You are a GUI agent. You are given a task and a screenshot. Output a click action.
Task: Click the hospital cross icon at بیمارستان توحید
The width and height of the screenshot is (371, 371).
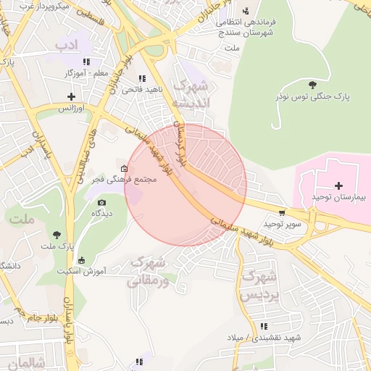coord(338,186)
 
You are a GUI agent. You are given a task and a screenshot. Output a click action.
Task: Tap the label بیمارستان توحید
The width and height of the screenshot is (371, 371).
coord(339,198)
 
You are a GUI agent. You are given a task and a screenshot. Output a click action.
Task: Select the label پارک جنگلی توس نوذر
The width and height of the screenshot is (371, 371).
coord(312,96)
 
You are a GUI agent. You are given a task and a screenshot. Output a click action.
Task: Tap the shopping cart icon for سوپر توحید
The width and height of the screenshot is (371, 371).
coord(281,213)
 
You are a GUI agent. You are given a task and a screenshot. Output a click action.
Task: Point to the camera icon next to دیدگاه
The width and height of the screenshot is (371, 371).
coord(101,202)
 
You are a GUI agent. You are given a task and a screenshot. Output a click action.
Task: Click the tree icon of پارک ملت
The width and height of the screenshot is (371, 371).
coord(57,234)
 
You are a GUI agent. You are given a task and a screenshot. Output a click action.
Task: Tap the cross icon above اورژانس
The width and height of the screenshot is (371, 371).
coord(71,96)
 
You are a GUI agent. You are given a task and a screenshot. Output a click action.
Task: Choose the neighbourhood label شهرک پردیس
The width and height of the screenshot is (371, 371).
coord(259,285)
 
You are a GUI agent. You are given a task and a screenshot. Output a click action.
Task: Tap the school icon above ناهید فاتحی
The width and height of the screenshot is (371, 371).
coord(142,78)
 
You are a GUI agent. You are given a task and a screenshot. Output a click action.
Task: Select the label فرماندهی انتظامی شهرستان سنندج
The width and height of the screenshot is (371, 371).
coord(246,28)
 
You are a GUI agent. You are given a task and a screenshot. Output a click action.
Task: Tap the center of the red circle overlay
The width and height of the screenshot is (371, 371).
coord(185,185)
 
